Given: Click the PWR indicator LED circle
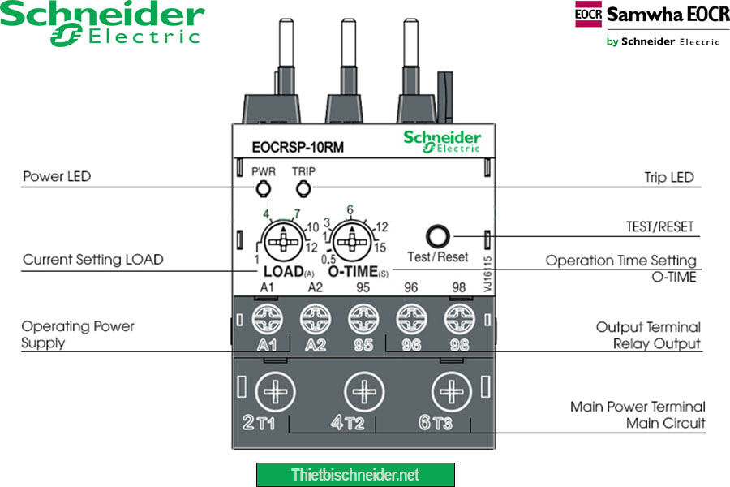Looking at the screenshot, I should click(262, 190).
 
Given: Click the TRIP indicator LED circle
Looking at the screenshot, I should click(304, 190).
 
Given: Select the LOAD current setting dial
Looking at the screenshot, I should click(282, 241).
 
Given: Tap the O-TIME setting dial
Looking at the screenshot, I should click(350, 241).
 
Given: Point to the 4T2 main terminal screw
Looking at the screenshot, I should click(363, 393).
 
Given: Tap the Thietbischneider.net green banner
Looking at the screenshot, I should click(355, 475).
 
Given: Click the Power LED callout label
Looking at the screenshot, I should click(57, 176).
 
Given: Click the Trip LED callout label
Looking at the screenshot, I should click(669, 177).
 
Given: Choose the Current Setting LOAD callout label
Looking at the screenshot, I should click(93, 260).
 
